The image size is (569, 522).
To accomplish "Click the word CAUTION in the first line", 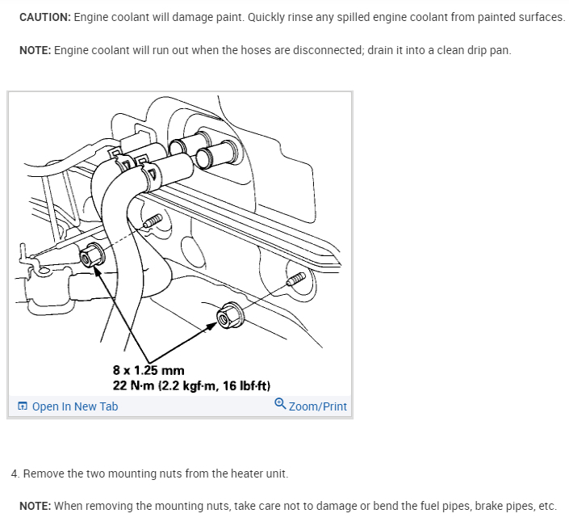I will click(44, 17).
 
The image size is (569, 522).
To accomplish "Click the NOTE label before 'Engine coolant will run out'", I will click(36, 50).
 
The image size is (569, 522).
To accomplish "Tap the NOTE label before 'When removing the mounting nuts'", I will click(36, 506).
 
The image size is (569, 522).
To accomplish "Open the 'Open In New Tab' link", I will click(74, 406).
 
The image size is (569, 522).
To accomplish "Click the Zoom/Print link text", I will click(317, 406).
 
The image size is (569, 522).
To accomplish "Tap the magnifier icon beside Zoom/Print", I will click(279, 405).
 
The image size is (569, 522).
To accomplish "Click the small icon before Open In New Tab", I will click(23, 406).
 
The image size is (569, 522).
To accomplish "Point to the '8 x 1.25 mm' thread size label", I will click(149, 371).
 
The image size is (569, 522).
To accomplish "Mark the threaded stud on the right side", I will click(296, 279).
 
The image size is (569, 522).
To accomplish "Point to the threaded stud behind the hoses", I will click(153, 220).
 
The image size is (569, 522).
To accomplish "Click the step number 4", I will click(15, 473).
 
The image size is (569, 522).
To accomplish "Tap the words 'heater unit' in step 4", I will click(258, 473).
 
